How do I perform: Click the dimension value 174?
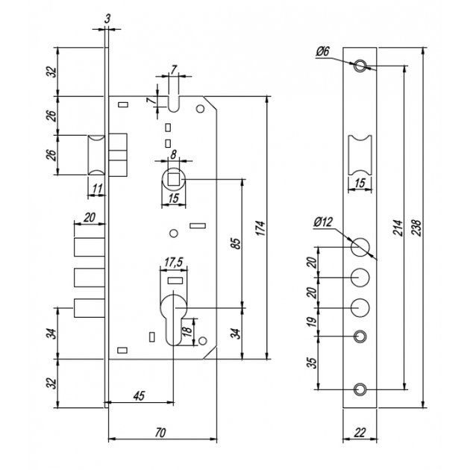pos(261,228)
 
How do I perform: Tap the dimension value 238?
pos(417,228)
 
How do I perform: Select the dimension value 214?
pos(398,228)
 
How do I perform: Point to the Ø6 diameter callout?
pos(322,52)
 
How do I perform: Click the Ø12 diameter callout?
pos(324,222)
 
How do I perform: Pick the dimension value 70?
pos(160,433)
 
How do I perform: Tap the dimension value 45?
pos(139,395)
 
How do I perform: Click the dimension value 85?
pos(236,243)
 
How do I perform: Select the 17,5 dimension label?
pos(174,262)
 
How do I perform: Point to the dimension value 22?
pos(360,433)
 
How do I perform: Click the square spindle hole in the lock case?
pos(173,180)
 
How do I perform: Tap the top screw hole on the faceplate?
pos(360,66)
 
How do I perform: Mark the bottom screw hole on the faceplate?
pos(360,389)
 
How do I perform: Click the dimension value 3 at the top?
pos(107,19)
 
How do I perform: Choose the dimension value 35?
pos(312,363)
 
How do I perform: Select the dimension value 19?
pos(312,322)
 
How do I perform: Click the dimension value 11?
pos(98,189)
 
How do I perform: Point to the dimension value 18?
pos(187,330)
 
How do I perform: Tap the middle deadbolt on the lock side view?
pos(90,278)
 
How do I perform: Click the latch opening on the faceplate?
pos(360,155)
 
